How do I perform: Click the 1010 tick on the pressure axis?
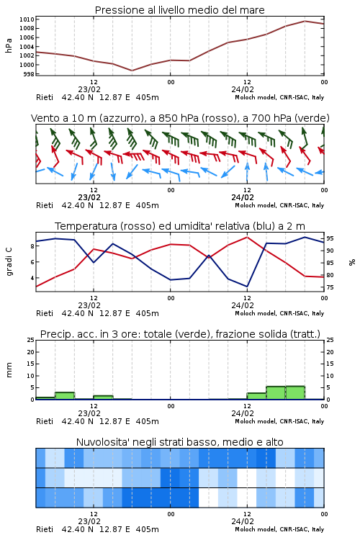[x=27, y=19]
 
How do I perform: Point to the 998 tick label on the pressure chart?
[x=29, y=74]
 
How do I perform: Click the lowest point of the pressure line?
[x=132, y=71]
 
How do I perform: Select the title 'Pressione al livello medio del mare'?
[x=179, y=10]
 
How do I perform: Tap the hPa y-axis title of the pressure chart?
[x=9, y=46]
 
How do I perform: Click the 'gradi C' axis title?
[x=9, y=262]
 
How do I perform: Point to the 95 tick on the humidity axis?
[x=330, y=238]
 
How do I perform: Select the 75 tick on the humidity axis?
[x=330, y=287]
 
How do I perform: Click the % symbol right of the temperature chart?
[x=352, y=262]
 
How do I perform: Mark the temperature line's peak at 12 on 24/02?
[x=247, y=237]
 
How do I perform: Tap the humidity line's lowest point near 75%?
[x=247, y=287]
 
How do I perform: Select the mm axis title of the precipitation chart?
[x=9, y=370]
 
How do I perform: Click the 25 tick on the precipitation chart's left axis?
[x=31, y=340]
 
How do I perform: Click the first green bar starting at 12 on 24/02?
[x=256, y=396]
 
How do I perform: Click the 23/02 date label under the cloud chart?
[x=89, y=521]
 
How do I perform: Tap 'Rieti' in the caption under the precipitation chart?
[x=45, y=421]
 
